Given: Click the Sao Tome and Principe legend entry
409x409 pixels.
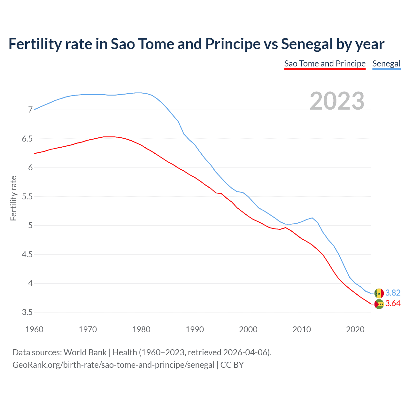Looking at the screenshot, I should (x=325, y=64).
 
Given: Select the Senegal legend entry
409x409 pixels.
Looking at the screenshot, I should (x=386, y=64).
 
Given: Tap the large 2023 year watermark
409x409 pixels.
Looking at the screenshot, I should (x=337, y=101).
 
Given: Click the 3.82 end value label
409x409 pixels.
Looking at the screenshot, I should (x=393, y=293).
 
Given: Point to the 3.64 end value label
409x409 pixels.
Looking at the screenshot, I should (x=393, y=303).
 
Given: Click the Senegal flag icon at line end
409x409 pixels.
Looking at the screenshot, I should (x=379, y=293).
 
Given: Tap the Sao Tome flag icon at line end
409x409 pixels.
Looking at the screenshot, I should (x=379, y=304).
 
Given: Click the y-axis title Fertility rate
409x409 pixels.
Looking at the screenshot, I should (x=13, y=198).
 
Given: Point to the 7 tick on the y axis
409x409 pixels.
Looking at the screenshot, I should (x=30, y=110).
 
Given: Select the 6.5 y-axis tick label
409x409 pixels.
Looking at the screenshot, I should (x=27, y=139).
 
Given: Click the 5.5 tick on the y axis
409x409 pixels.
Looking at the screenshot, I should (x=27, y=197).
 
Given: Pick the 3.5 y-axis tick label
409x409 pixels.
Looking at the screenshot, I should (x=27, y=312).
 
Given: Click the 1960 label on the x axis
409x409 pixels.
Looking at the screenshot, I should (x=34, y=329).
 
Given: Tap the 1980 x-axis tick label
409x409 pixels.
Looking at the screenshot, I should (x=141, y=329).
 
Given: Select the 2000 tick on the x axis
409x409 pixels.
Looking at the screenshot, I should (x=248, y=329).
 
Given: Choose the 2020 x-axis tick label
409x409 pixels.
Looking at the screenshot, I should (x=355, y=329).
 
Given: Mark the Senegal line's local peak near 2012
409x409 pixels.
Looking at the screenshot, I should (x=312, y=218).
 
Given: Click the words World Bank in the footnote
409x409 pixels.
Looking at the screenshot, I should (x=85, y=352).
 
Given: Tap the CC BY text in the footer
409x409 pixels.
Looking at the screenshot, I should (x=232, y=365).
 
